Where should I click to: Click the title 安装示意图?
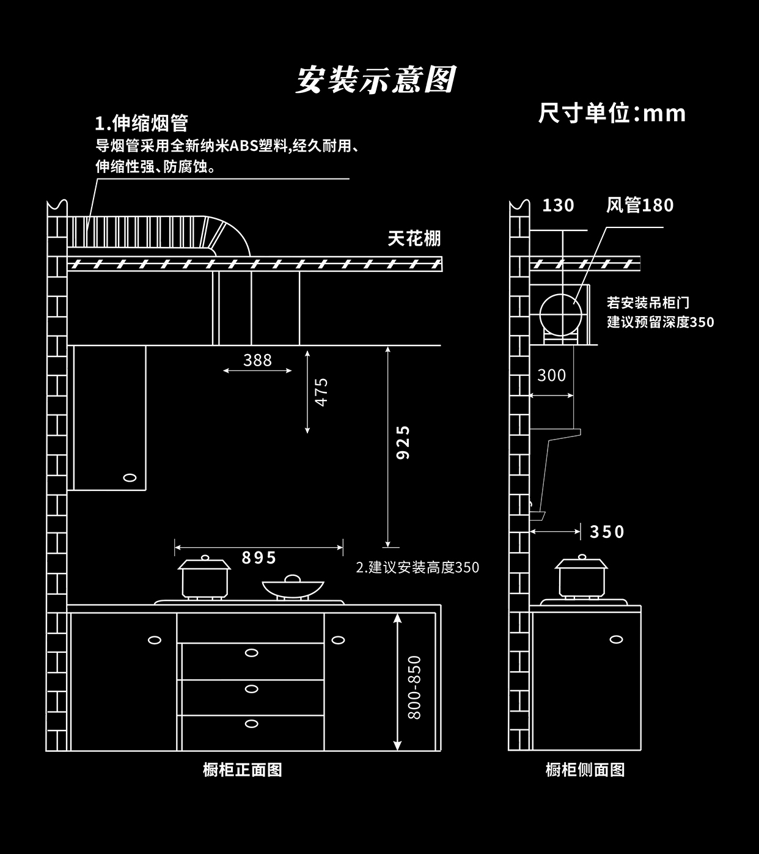pyautogui.click(x=376, y=80)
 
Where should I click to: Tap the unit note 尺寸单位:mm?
pyautogui.click(x=612, y=114)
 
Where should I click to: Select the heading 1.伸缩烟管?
pyautogui.click(x=141, y=123)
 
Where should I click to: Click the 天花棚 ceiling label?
pyautogui.click(x=414, y=238)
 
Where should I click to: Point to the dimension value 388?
pyautogui.click(x=257, y=360)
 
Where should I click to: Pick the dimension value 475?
pyautogui.click(x=321, y=391)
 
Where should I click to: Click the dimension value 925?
pyautogui.click(x=403, y=443)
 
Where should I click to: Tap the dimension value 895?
pyautogui.click(x=259, y=558)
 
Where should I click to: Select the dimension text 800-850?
pyautogui.click(x=414, y=687)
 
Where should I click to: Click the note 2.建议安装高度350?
pyautogui.click(x=417, y=567)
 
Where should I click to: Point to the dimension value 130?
pyautogui.click(x=558, y=205)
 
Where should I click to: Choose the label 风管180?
pyautogui.click(x=639, y=205)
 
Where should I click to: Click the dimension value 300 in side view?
pyautogui.click(x=551, y=375)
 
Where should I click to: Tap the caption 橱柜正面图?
pyautogui.click(x=243, y=770)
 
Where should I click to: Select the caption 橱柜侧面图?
pyautogui.click(x=585, y=770)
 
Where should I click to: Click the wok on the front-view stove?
pyautogui.click(x=293, y=587)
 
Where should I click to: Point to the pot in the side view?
pyautogui.click(x=581, y=576)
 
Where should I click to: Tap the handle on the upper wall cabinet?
pyautogui.click(x=130, y=477)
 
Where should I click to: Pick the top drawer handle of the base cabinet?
pyautogui.click(x=251, y=653)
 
